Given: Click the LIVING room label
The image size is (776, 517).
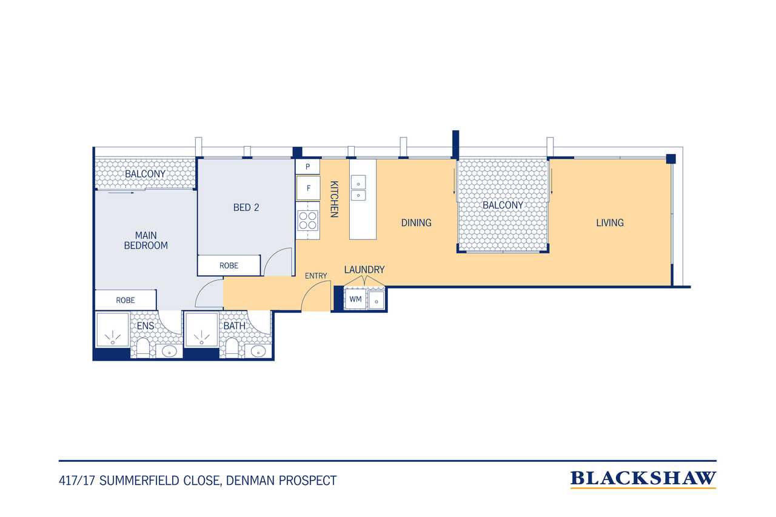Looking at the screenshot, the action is click(x=610, y=222).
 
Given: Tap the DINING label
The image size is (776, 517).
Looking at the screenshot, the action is click(x=416, y=222).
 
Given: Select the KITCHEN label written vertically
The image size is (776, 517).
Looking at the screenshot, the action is click(x=334, y=199).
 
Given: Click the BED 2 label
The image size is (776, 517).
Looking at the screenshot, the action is click(x=246, y=207).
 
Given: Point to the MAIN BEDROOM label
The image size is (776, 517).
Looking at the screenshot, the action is click(x=146, y=241).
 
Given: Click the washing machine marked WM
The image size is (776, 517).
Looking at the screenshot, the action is click(x=355, y=299).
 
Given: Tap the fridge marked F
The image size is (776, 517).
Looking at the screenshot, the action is click(x=308, y=188).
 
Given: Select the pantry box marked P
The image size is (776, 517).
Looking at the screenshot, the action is click(x=307, y=167).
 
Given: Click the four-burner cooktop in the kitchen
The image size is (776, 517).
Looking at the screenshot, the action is click(x=307, y=221).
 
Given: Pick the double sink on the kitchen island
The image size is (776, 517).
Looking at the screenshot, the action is click(x=358, y=187).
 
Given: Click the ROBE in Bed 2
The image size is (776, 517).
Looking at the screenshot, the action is click(x=229, y=265).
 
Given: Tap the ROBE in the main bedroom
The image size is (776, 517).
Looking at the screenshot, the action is click(x=125, y=300).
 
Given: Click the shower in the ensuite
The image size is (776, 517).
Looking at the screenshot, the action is click(x=112, y=329).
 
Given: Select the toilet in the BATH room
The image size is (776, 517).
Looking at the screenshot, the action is click(x=232, y=347).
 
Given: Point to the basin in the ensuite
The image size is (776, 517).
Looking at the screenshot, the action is click(x=169, y=351).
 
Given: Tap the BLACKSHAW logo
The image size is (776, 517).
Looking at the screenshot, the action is click(x=643, y=479).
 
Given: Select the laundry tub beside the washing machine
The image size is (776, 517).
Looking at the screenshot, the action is click(x=376, y=299).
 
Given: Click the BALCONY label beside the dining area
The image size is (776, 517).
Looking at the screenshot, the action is click(x=503, y=205).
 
